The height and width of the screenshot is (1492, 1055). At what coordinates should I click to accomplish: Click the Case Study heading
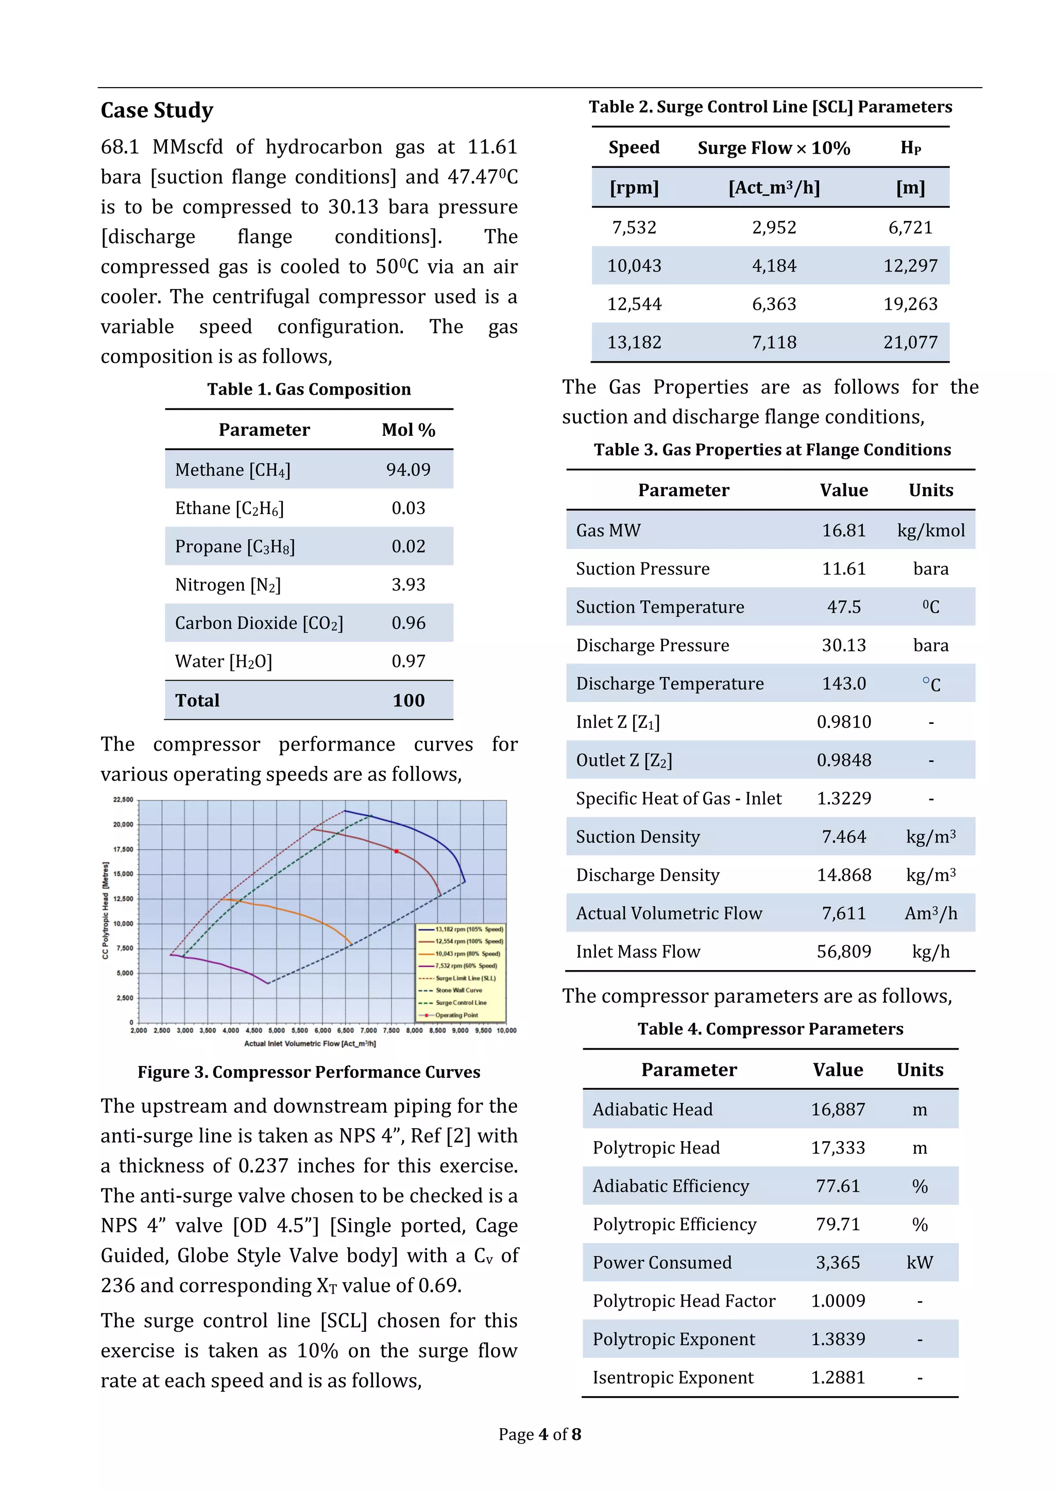[157, 110]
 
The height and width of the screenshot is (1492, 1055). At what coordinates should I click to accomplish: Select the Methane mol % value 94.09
[408, 469]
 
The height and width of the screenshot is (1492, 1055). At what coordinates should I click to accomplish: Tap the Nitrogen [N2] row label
[227, 585]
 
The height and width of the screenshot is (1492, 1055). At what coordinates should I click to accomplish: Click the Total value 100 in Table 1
[408, 701]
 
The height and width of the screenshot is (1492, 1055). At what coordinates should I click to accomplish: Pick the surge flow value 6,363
[774, 304]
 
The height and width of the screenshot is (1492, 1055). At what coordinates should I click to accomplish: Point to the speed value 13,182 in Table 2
[634, 343]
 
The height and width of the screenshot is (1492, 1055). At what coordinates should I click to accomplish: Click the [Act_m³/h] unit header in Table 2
[774, 188]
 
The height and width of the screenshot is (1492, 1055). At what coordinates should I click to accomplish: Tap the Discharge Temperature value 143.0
[843, 684]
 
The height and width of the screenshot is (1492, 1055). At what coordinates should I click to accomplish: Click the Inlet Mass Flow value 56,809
[843, 952]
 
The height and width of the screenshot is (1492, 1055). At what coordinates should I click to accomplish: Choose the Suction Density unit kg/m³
[930, 837]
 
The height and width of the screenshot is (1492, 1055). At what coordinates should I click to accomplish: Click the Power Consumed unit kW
[919, 1263]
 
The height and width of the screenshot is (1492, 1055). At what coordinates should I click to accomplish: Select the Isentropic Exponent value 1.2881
[838, 1378]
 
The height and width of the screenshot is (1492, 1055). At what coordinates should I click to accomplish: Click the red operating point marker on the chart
[396, 851]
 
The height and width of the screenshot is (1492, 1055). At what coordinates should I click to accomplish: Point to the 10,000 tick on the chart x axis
[506, 1030]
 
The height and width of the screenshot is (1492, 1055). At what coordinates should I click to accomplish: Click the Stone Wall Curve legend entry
[458, 990]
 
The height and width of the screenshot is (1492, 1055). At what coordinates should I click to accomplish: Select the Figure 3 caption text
[309, 1072]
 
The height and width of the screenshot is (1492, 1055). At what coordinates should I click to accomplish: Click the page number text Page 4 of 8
[539, 1434]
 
